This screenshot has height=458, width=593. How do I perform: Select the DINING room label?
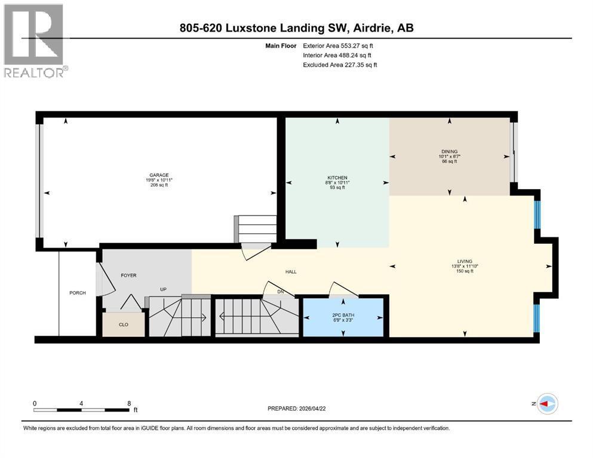tap(449, 151)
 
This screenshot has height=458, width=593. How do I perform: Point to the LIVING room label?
tap(464, 261)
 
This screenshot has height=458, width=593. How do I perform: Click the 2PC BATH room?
tap(343, 317)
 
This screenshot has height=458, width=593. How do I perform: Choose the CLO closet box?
tap(124, 325)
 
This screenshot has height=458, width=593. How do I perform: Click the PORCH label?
tap(78, 293)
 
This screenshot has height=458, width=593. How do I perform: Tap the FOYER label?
tap(129, 276)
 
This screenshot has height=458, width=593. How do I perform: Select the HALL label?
tap(291, 272)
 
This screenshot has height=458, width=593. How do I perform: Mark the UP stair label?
tap(162, 290)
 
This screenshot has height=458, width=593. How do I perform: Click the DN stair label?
tap(281, 292)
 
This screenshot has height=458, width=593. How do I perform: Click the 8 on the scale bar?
tap(129, 403)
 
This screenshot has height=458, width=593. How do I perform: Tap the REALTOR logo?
tap(35, 41)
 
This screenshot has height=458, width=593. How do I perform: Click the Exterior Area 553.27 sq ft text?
tap(339, 45)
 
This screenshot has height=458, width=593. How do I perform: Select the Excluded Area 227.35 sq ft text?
tap(340, 64)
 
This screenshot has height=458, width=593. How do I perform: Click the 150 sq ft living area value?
tap(464, 271)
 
